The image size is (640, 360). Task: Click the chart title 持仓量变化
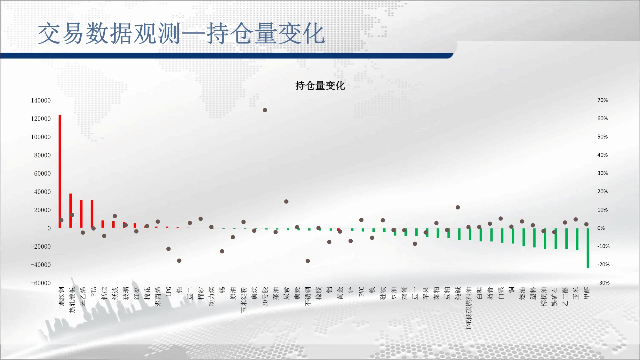[320, 85]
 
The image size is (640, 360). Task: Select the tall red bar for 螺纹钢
[60, 171]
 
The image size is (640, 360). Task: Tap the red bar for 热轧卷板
[71, 211]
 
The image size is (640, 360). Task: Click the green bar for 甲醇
[588, 248]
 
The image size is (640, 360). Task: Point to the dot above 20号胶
[265, 110]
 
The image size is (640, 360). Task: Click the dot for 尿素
[286, 202]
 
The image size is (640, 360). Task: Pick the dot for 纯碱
[458, 207]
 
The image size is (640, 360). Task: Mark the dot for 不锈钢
[308, 261]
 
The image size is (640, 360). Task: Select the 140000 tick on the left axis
[41, 100]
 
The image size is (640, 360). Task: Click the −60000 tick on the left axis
[41, 283]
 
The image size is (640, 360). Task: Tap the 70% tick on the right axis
[603, 100]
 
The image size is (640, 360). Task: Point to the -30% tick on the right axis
[603, 283]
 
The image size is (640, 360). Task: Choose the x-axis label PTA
[93, 292]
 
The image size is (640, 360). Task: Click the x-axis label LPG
[169, 292]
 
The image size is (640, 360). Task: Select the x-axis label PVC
[362, 292]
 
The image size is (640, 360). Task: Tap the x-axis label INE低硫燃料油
[469, 308]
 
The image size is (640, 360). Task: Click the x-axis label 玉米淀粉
[244, 300]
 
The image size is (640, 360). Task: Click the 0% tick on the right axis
[601, 228]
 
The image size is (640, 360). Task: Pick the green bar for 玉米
[577, 239]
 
